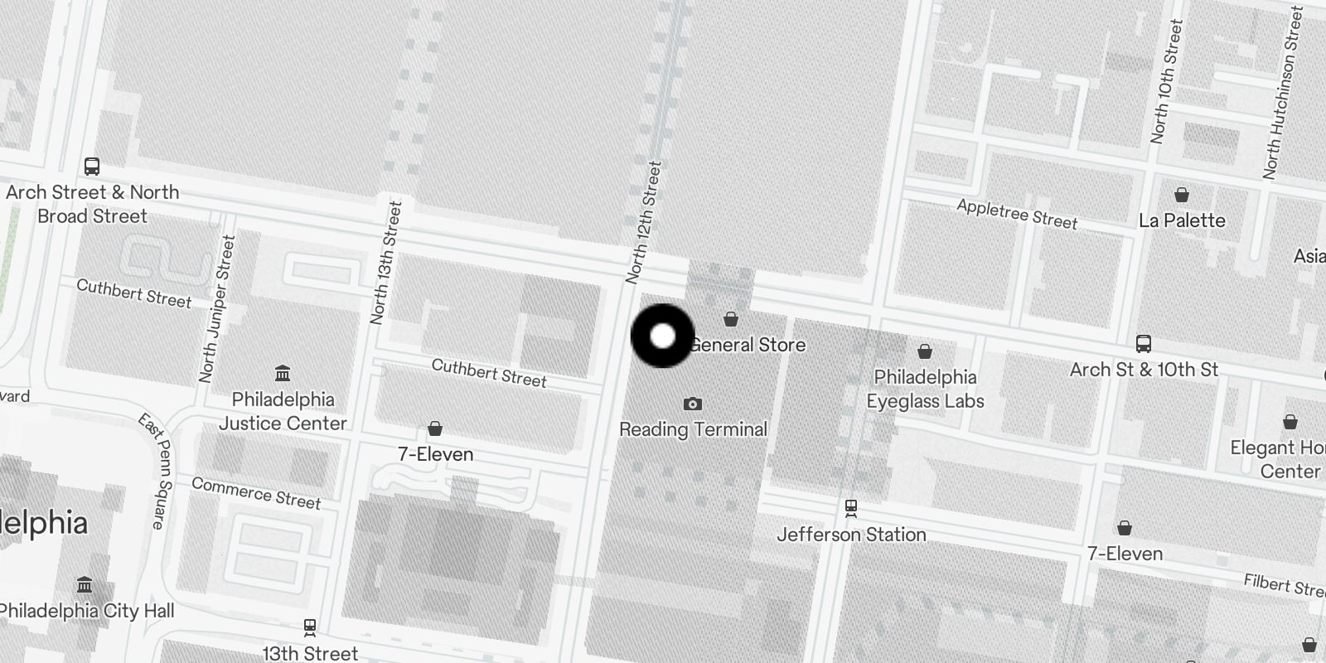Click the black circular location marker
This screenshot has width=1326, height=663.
[x=662, y=336]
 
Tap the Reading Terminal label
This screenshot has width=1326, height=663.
[x=693, y=429]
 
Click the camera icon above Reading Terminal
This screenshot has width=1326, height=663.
[x=693, y=404]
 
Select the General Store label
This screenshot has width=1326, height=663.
[x=748, y=345]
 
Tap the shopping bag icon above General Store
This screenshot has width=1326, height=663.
[x=730, y=319]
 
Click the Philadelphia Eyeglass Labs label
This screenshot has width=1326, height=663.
[x=925, y=389]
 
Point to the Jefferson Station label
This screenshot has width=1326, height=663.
[x=851, y=535]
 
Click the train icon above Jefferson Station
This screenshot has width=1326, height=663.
[x=850, y=507]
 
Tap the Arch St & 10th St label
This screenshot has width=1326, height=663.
[x=1144, y=370]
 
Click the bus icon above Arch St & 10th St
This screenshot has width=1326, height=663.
[x=1143, y=343]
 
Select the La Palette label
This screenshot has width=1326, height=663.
[x=1182, y=220]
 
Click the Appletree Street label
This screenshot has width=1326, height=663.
[x=1017, y=215]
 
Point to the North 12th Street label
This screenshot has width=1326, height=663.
[x=644, y=222]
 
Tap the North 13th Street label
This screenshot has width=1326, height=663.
[x=386, y=262]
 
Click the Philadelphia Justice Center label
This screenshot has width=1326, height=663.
[x=283, y=411]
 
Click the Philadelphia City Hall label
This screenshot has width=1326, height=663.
[x=86, y=612]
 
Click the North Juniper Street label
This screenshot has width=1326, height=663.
[x=217, y=308]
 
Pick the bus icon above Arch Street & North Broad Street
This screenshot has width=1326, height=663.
[x=92, y=167]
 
